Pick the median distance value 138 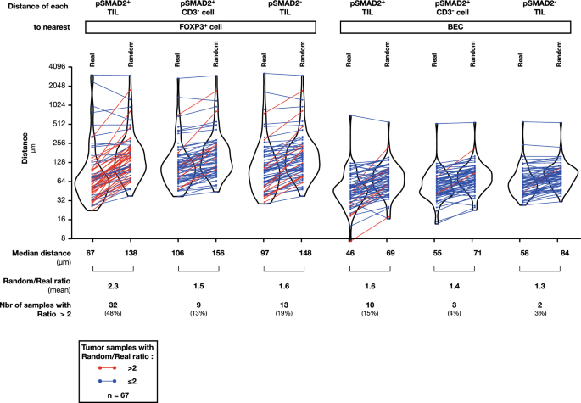132,253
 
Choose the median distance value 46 349,253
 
